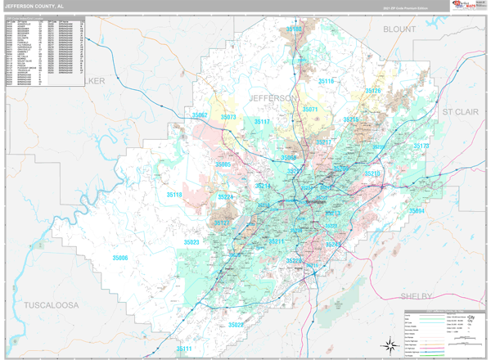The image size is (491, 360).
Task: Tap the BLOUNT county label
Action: [399, 29]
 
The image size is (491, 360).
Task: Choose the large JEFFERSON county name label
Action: [269, 98]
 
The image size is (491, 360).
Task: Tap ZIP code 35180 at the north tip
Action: [294, 29]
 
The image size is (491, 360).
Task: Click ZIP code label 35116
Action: [326, 82]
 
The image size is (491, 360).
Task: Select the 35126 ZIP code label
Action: [373, 91]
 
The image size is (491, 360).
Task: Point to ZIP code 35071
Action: [310, 109]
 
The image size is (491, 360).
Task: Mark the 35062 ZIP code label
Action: [200, 115]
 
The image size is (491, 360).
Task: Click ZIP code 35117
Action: [262, 122]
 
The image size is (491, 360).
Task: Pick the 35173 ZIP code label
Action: [421, 146]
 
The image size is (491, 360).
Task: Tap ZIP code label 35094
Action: [417, 211]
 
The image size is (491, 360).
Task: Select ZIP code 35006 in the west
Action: [120, 258]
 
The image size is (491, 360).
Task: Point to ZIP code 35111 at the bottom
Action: [183, 349]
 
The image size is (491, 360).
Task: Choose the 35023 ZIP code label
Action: [191, 242]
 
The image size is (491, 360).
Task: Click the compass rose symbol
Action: [387, 344]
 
